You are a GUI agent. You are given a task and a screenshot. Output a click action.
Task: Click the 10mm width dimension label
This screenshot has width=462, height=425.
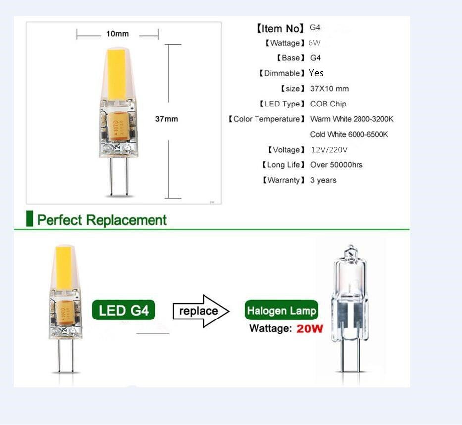click(117, 34)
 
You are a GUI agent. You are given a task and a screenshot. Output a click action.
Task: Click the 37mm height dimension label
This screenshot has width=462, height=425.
click(166, 119)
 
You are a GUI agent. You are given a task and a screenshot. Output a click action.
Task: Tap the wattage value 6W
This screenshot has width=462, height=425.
click(314, 43)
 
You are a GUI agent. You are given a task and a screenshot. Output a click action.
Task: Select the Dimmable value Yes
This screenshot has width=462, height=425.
click(316, 73)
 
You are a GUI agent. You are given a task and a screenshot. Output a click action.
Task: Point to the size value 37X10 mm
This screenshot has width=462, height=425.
click(329, 89)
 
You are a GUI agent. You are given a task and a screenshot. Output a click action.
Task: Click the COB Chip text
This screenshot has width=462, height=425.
click(328, 104)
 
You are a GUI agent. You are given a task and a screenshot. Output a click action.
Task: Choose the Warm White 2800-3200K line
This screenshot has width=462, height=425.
click(352, 119)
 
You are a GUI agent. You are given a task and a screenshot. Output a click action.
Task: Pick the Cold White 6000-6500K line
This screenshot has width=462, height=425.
click(349, 135)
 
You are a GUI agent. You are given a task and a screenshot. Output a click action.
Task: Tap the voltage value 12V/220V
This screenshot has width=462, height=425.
click(329, 150)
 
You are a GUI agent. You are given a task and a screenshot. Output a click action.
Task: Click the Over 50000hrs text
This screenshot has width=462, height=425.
click(336, 165)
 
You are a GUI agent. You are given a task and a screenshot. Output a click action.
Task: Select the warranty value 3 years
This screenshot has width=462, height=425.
click(323, 180)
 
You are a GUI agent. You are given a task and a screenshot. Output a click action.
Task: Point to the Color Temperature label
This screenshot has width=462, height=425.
click(266, 119)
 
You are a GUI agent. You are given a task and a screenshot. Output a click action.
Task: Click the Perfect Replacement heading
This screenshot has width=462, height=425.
click(102, 220)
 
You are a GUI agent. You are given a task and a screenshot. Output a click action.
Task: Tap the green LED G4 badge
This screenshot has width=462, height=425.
click(123, 311)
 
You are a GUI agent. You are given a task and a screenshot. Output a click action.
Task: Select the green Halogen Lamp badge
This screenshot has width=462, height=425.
click(281, 311)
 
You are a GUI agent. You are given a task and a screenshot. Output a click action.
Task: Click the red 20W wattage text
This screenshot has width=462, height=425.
click(309, 328)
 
